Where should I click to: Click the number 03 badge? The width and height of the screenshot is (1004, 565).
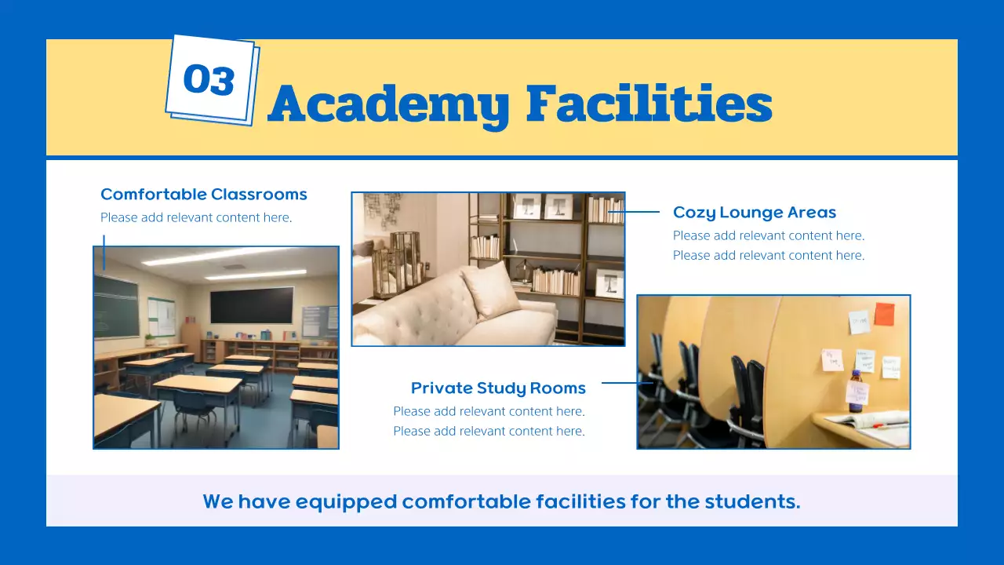pyautogui.click(x=210, y=79)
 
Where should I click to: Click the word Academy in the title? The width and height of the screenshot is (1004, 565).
pyautogui.click(x=388, y=104)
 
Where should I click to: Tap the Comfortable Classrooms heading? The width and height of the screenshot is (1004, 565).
pyautogui.click(x=204, y=195)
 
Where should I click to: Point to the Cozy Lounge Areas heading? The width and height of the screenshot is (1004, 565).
pyautogui.click(x=755, y=213)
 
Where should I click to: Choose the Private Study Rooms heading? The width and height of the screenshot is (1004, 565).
pyautogui.click(x=498, y=388)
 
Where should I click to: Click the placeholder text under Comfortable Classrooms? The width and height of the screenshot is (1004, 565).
pyautogui.click(x=196, y=217)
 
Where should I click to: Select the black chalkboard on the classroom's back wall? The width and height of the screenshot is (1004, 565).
pyautogui.click(x=252, y=305)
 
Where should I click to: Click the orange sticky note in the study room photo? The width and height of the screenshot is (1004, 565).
pyautogui.click(x=884, y=314)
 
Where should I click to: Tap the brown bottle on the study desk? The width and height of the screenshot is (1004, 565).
pyautogui.click(x=856, y=392)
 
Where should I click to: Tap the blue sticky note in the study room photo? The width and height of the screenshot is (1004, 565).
pyautogui.click(x=859, y=322)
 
